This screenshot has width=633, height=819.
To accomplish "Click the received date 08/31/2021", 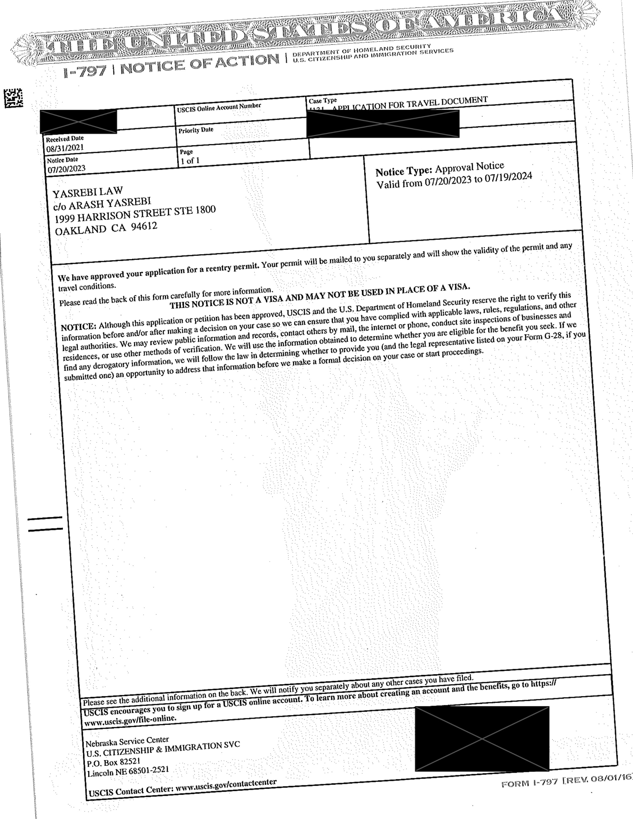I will click(65, 148).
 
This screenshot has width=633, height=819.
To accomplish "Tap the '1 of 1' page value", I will click(190, 161).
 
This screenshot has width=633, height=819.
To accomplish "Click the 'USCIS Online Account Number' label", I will click(219, 107).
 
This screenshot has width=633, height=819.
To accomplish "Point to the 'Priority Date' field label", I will click(196, 130).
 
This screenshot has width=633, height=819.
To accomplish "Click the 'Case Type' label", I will click(323, 100).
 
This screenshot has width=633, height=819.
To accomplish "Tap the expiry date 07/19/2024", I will click(508, 177).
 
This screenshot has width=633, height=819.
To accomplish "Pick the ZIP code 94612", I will click(144, 227).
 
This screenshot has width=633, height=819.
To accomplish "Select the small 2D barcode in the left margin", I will click(13, 98).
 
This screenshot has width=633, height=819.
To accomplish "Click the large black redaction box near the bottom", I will click(482, 738).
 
